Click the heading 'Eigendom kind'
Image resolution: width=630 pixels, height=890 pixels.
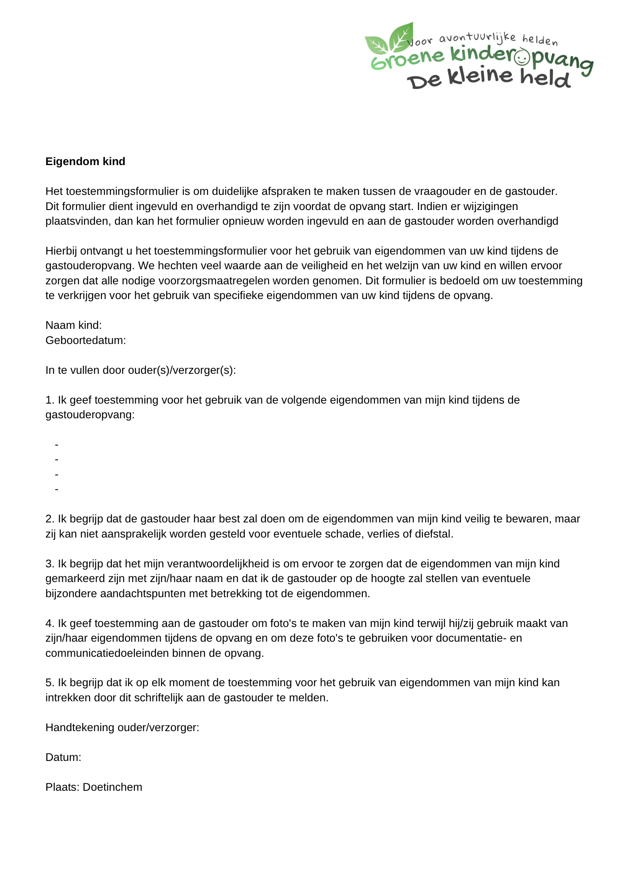(x=85, y=162)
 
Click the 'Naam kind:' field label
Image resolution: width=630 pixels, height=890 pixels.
(x=73, y=325)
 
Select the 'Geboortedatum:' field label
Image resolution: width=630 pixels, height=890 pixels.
(x=85, y=340)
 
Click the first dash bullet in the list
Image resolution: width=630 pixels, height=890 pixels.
(x=57, y=445)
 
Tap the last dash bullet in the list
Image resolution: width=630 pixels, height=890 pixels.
(x=57, y=489)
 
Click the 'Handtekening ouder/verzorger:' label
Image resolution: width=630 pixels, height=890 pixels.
(x=122, y=728)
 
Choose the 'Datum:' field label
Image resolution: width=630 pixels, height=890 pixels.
(x=63, y=757)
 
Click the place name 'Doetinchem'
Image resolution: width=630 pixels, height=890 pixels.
(x=113, y=787)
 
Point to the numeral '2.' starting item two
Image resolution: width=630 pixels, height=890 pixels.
(x=50, y=519)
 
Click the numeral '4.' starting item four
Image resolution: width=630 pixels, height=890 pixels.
(x=50, y=623)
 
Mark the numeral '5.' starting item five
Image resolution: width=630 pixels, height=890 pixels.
(x=50, y=683)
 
